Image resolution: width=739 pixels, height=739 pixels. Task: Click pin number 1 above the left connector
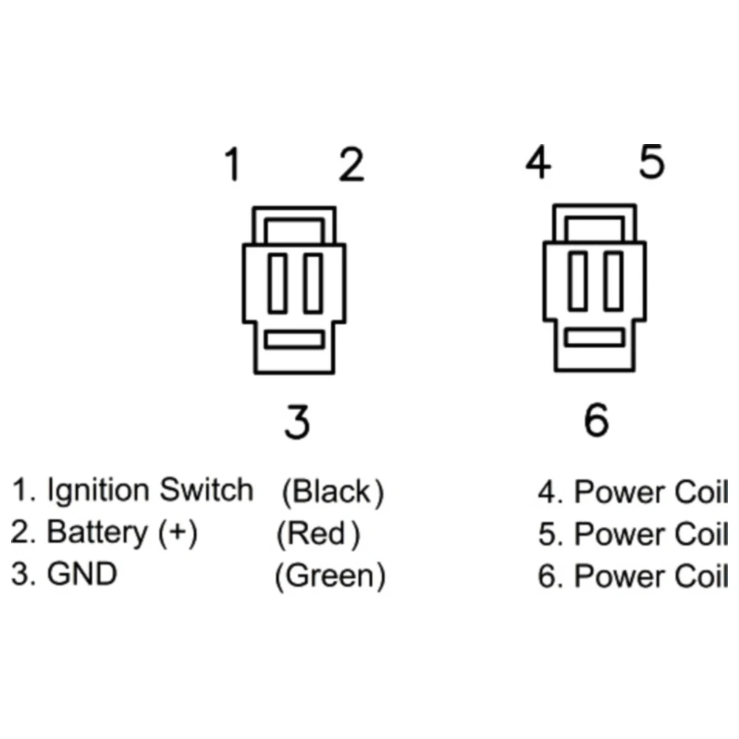coord(234,165)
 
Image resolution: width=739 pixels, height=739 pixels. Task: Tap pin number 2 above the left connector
coord(352,165)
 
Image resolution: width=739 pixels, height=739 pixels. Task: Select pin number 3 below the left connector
coord(297,422)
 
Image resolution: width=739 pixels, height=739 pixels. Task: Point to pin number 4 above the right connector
coord(537,163)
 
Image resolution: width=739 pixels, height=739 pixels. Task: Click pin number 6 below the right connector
coord(596,420)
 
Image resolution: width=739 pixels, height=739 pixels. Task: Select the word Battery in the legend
coord(97,532)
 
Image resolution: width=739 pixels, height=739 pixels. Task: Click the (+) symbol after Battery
coord(178,533)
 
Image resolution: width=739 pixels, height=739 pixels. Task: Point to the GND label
coord(82,575)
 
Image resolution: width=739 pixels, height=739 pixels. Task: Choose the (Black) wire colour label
coord(333,492)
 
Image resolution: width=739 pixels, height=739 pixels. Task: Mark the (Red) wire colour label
coord(319,534)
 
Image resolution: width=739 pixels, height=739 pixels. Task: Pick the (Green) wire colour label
coord(330,576)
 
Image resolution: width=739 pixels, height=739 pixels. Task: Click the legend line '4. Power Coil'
coord(633,492)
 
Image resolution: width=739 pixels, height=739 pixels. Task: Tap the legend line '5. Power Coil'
coord(633,534)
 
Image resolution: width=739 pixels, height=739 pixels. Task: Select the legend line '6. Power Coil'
coord(633,576)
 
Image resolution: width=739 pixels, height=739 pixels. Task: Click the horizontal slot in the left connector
coord(294,340)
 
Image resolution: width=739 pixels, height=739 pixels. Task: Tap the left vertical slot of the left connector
coord(277,283)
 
